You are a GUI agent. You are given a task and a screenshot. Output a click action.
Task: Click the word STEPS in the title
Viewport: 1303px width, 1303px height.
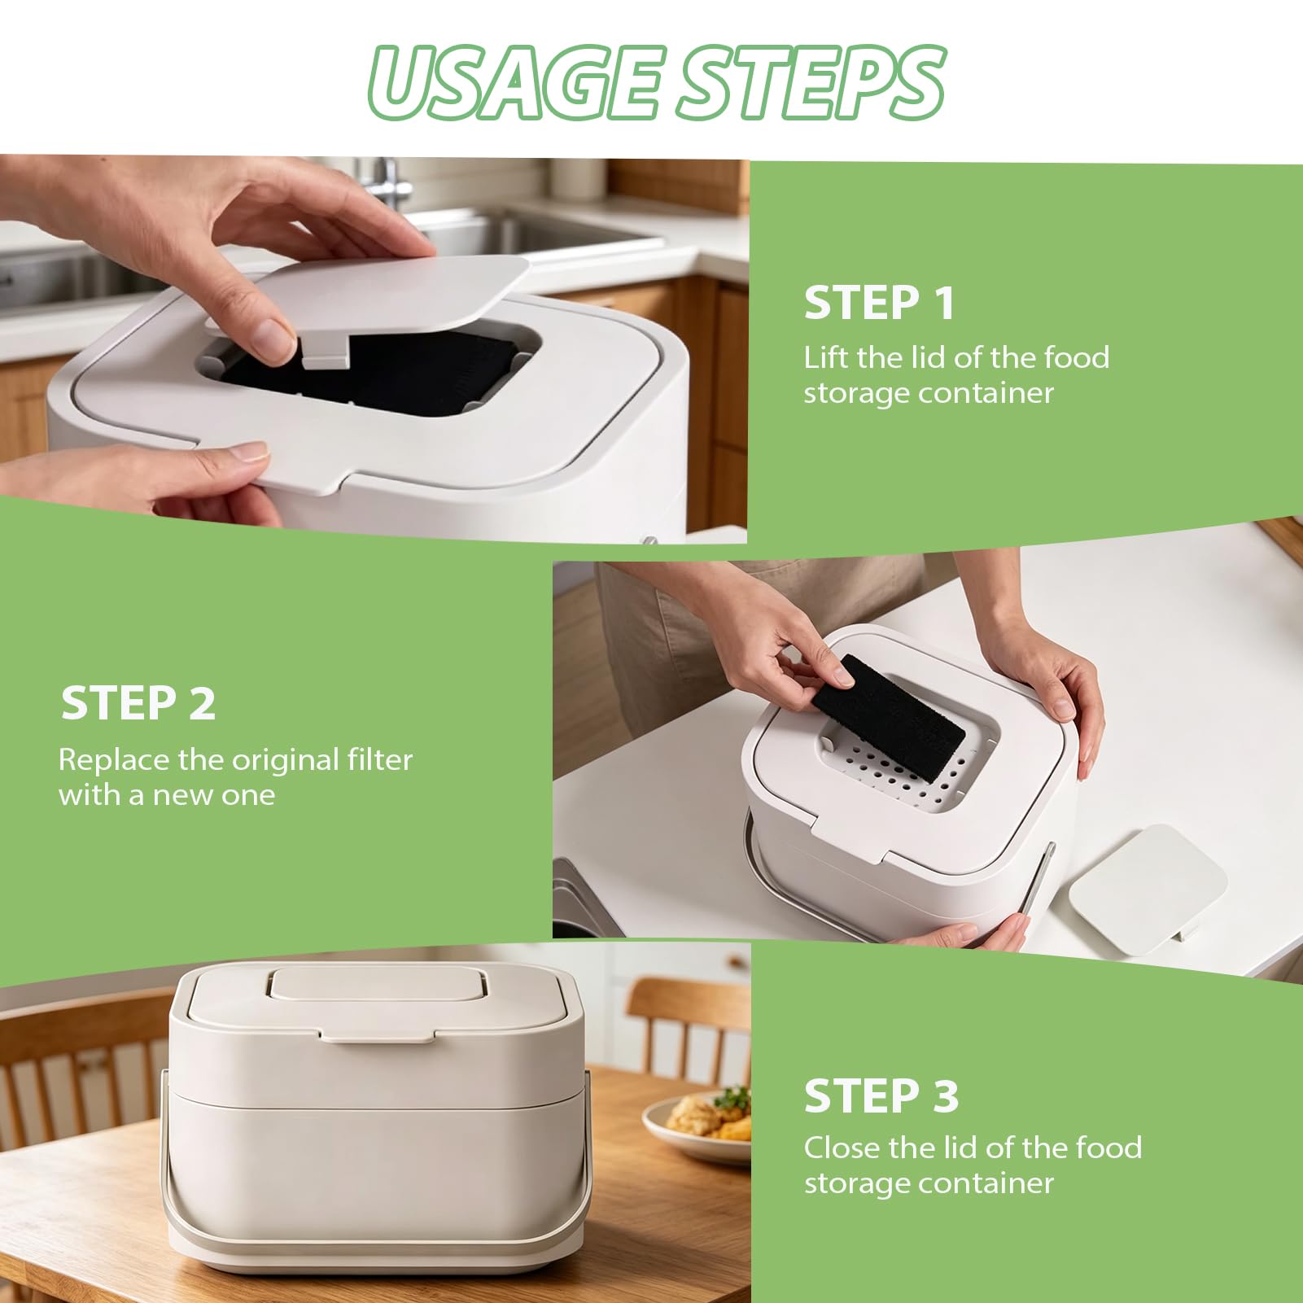click(812, 82)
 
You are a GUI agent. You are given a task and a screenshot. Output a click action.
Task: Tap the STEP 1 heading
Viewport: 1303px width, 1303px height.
click(879, 303)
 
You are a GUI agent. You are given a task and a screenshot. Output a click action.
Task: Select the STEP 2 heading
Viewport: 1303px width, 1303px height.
click(138, 702)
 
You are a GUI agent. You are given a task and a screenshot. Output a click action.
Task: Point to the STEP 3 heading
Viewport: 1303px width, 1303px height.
click(881, 1095)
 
